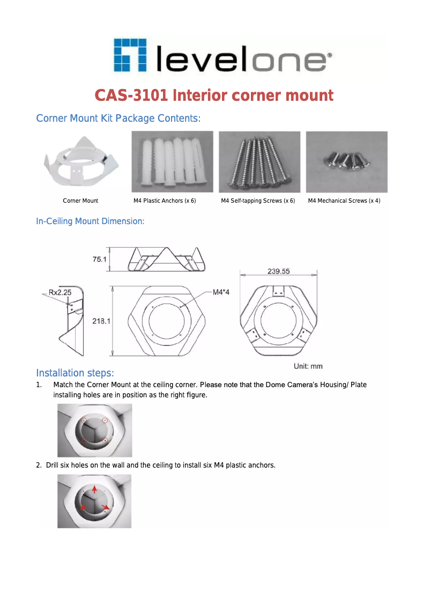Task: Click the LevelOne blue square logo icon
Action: tap(131, 55)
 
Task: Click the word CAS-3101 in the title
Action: tap(131, 95)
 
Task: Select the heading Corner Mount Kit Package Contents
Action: tap(118, 118)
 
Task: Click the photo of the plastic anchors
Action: tap(172, 161)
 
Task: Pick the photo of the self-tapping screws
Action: tap(260, 161)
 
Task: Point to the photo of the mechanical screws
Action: tap(346, 161)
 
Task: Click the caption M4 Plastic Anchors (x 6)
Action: tap(165, 201)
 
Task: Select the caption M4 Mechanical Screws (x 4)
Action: tap(344, 201)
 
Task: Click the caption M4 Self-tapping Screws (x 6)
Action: tap(258, 201)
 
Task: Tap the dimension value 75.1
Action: tap(100, 259)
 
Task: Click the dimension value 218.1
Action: tap(101, 321)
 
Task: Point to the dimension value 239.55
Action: tap(278, 271)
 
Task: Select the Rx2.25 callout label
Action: tap(60, 293)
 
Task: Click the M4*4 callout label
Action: tap(221, 292)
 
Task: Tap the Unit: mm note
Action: tap(308, 366)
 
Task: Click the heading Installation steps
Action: tap(75, 373)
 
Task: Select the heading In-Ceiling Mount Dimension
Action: tap(90, 221)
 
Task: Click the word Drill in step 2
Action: tap(52, 465)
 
